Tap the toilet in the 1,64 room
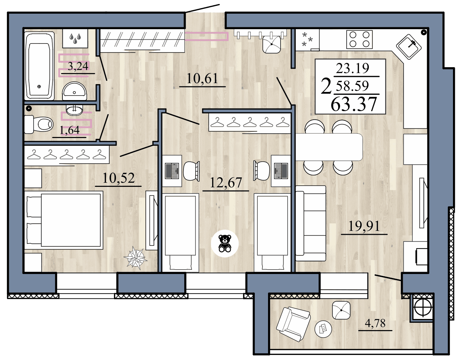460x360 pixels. click(x=39, y=124)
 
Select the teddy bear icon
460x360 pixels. click(x=225, y=243)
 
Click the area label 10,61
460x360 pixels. click(x=202, y=78)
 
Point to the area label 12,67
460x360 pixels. click(x=226, y=182)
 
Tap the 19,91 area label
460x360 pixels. click(x=364, y=226)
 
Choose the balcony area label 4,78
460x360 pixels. click(x=375, y=323)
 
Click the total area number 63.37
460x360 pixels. click(x=354, y=104)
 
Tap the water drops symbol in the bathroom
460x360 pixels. click(x=75, y=38)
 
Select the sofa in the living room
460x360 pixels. click(x=311, y=220)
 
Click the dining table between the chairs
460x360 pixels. click(x=329, y=147)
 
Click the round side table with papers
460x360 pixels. click(x=323, y=328)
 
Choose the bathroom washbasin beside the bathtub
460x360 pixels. click(x=74, y=91)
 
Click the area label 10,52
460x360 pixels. click(x=118, y=178)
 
